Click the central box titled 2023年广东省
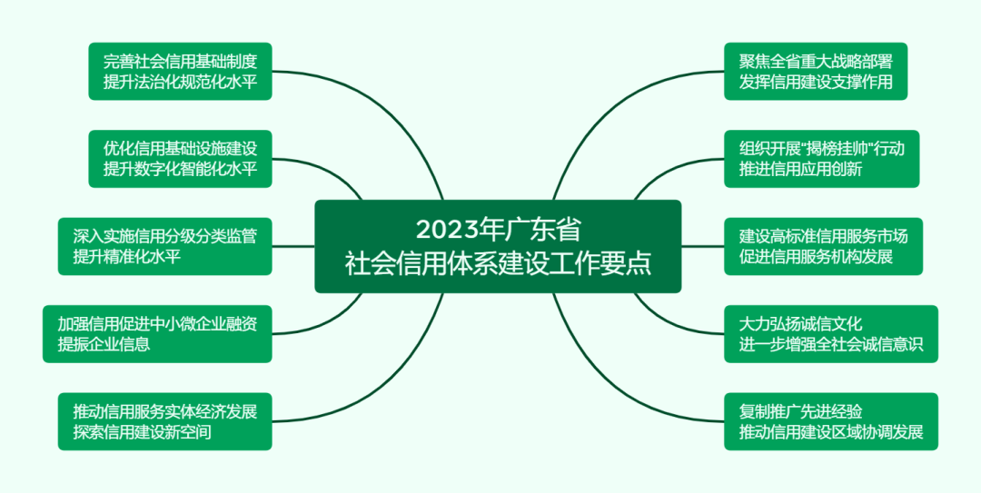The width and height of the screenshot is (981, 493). (x=498, y=247)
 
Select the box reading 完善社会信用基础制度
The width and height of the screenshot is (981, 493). (x=180, y=72)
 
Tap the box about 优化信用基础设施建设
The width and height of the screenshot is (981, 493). (x=180, y=159)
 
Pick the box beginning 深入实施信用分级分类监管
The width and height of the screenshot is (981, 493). (x=165, y=247)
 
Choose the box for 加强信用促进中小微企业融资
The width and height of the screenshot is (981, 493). (x=157, y=334)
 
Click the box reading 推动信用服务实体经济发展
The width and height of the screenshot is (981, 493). (x=165, y=421)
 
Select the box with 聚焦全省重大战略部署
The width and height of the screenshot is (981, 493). (x=816, y=72)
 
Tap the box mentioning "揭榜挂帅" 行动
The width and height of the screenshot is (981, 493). (x=822, y=159)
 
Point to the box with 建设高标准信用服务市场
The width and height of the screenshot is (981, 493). (x=823, y=247)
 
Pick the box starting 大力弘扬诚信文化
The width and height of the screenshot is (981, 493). (x=831, y=334)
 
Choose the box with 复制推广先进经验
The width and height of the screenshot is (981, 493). (x=831, y=421)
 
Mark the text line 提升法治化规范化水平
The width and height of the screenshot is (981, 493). (x=180, y=82)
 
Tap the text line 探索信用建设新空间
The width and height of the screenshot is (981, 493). (x=142, y=431)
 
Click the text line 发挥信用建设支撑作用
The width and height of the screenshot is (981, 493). (x=816, y=82)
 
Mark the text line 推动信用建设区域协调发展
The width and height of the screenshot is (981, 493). (x=831, y=431)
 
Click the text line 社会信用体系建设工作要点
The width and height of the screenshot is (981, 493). (x=498, y=264)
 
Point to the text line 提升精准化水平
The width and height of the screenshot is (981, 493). (x=127, y=257)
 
